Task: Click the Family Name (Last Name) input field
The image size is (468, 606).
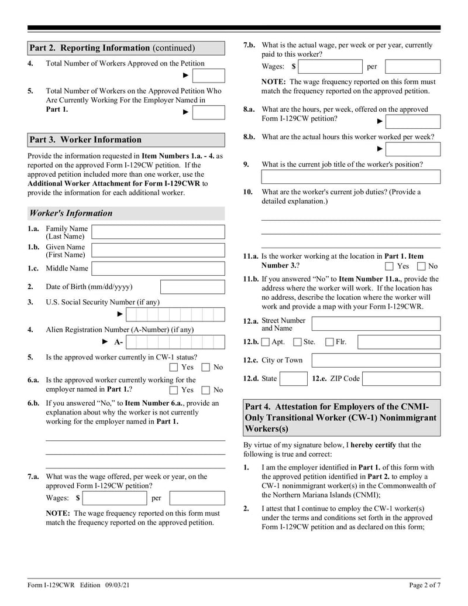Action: pyautogui.click(x=158, y=232)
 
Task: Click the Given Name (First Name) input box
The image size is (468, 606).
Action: pyautogui.click(x=158, y=251)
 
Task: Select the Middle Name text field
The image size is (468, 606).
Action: pyautogui.click(x=158, y=269)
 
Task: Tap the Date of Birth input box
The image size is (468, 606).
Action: pyautogui.click(x=192, y=287)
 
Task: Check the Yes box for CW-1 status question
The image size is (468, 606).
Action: pyautogui.click(x=174, y=368)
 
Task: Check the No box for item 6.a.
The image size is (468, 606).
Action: pyautogui.click(x=206, y=390)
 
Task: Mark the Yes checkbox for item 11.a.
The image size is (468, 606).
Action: pyautogui.click(x=390, y=266)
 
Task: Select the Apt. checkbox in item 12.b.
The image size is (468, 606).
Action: pyautogui.click(x=266, y=342)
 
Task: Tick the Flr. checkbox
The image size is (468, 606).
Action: pyautogui.click(x=329, y=342)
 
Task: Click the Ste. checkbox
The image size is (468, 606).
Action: pyautogui.click(x=297, y=342)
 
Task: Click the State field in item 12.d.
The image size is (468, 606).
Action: pyautogui.click(x=293, y=379)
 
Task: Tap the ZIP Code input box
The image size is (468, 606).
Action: pyautogui.click(x=401, y=379)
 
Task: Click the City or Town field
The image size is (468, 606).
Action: pyautogui.click(x=376, y=360)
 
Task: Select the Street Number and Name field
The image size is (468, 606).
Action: pyautogui.click(x=376, y=324)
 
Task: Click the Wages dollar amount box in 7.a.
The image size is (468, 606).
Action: pyautogui.click(x=115, y=498)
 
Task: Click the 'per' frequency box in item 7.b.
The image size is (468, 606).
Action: pyautogui.click(x=412, y=67)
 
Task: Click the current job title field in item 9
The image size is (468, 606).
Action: pyautogui.click(x=350, y=177)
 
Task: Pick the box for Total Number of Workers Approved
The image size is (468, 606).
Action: pyautogui.click(x=209, y=76)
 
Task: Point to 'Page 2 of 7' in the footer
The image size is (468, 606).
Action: pyautogui.click(x=424, y=585)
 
